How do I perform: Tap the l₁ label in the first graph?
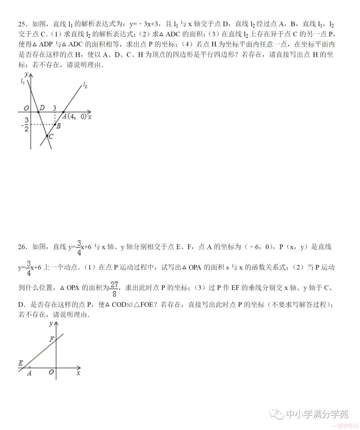[x=23, y=81]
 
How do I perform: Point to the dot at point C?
[x=47, y=136]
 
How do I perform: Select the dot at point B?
[x=55, y=124]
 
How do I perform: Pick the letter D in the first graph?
[x=42, y=108]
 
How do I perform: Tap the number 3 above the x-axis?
[x=55, y=108]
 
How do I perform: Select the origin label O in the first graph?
[x=26, y=108]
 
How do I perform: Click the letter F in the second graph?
[x=52, y=339]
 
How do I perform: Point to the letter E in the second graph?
[x=21, y=363]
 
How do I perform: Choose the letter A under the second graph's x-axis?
[x=29, y=373]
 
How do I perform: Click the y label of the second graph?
[x=51, y=323]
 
